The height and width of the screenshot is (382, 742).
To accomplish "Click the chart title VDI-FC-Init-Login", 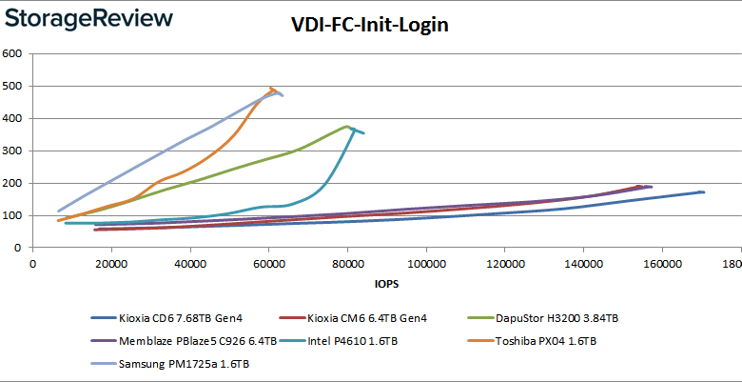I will click(370, 26).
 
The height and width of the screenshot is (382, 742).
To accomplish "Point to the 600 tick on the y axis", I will click(12, 53).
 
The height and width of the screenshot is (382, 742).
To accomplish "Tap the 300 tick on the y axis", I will click(12, 151).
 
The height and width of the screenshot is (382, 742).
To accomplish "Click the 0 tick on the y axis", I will click(18, 248).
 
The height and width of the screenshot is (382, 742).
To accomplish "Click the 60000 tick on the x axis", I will click(268, 264).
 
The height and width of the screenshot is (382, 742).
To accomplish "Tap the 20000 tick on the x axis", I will click(111, 264).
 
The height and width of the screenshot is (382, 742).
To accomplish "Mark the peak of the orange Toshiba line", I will click(272, 89).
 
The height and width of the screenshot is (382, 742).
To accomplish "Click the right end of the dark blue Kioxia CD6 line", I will click(703, 192).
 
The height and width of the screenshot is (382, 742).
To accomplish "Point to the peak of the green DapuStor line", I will click(347, 126).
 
